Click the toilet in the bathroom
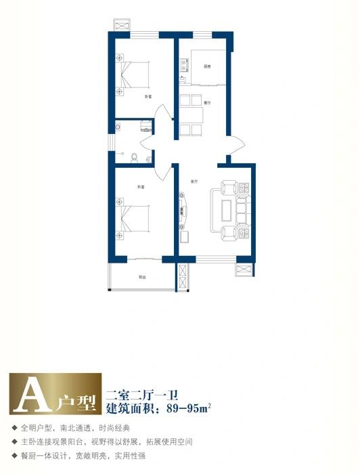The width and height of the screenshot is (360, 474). point(134,158)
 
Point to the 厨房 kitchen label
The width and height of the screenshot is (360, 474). point(206,66)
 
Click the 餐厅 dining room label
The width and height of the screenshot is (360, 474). point(207,102)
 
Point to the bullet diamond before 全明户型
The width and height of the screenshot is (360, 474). point(14,428)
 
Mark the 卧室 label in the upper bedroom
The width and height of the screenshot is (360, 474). point(147,97)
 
